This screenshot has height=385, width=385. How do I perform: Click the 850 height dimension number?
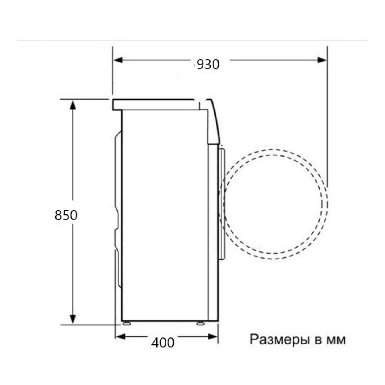66,215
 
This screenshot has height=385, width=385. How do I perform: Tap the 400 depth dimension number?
163,343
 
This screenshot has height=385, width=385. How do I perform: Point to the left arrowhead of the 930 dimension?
118,60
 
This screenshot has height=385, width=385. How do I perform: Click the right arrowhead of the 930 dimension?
322,60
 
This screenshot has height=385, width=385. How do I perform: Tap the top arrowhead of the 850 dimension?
73,105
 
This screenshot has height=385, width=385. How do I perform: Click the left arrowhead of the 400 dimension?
121,337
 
